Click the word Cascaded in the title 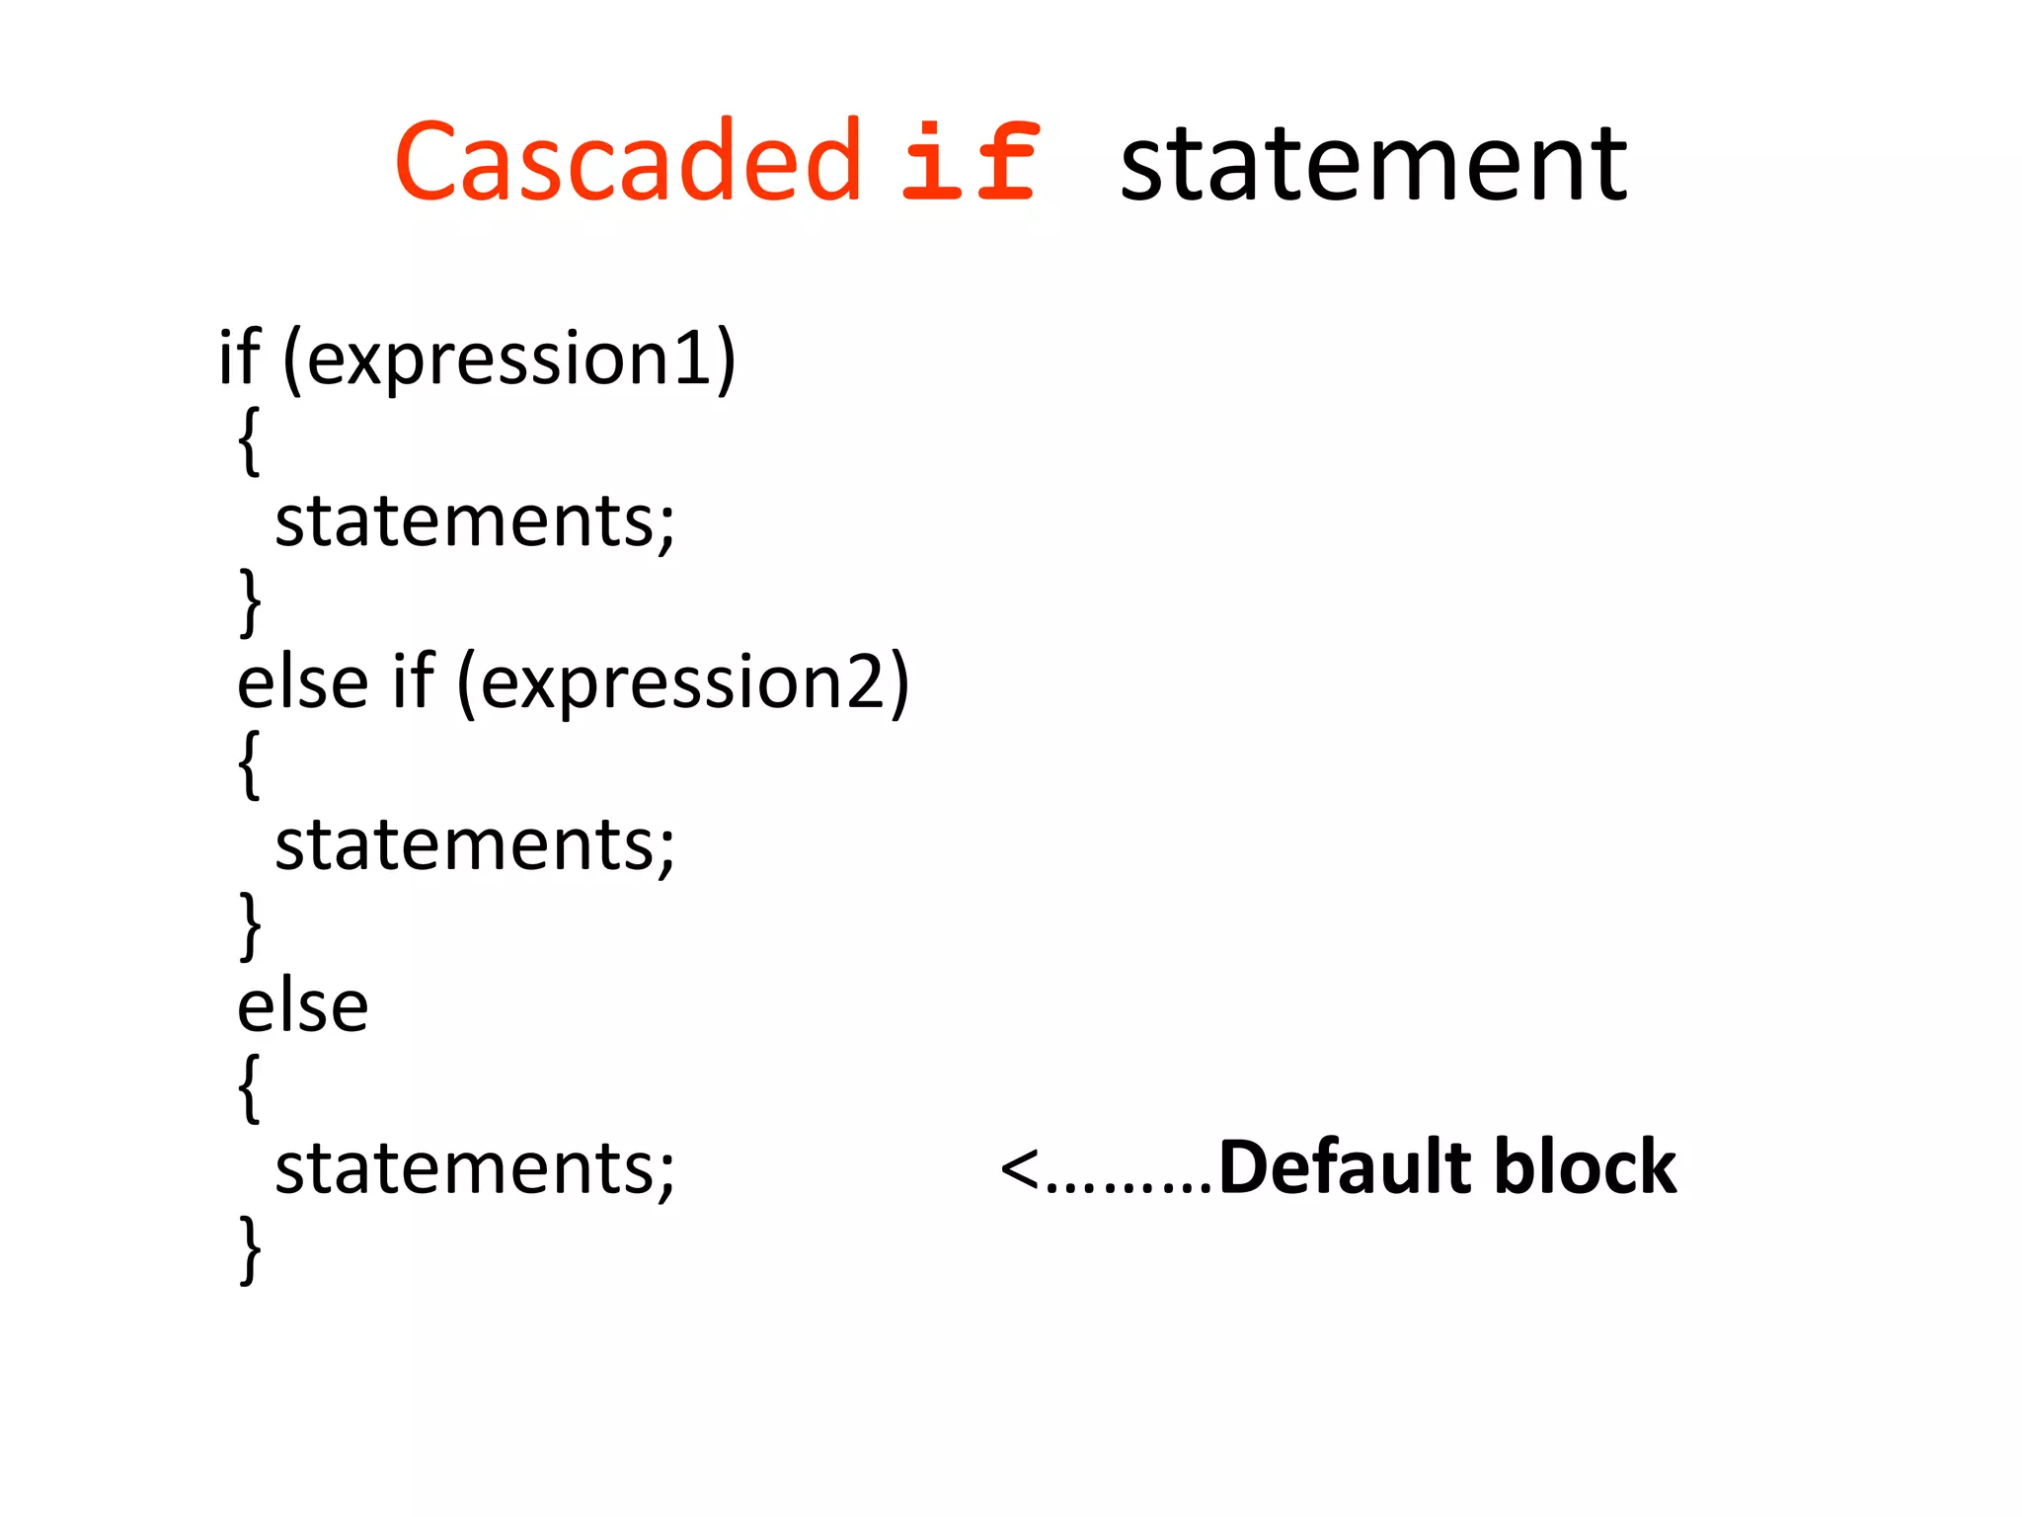[x=628, y=161]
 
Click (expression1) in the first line [x=509, y=359]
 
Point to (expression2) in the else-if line [x=682, y=682]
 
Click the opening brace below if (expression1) [x=250, y=440]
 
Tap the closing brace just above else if [x=251, y=601]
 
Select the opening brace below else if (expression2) [x=250, y=763]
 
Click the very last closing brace [x=251, y=1249]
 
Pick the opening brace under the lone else [x=250, y=1087]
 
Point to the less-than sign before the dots [x=1019, y=1170]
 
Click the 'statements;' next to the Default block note [x=475, y=1169]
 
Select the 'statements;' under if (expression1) [x=475, y=521]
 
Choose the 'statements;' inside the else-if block [x=475, y=845]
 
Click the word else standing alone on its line [x=303, y=1007]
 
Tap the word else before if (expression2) [x=303, y=683]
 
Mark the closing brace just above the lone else [x=251, y=925]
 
